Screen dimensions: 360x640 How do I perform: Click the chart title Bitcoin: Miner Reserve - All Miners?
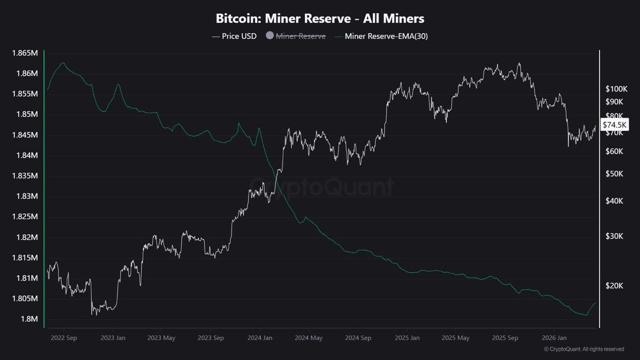(320, 19)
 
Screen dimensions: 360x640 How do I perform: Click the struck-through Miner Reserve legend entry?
(300, 36)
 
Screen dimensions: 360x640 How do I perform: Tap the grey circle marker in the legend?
(269, 36)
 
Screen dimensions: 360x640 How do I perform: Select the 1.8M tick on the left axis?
(30, 319)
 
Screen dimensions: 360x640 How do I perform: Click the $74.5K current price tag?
(616, 125)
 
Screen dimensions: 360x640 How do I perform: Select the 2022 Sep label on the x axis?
(63, 338)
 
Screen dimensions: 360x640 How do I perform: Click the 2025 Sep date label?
(504, 338)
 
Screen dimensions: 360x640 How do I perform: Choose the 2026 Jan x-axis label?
(553, 338)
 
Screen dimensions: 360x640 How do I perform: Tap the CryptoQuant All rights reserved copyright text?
(584, 349)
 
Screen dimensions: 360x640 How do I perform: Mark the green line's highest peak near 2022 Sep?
(63, 62)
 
